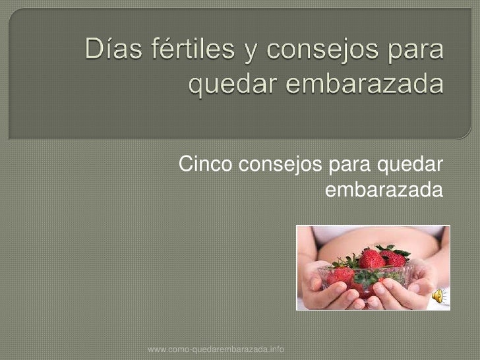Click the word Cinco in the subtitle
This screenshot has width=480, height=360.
point(205,163)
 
